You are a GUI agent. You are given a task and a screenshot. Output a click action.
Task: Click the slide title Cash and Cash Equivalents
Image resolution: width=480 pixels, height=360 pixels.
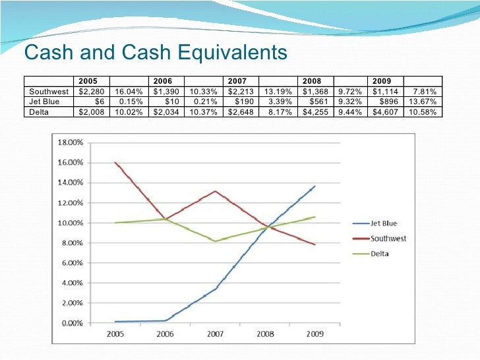click(x=156, y=53)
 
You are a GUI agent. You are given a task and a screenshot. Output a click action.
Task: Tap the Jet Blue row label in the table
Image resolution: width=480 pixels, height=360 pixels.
click(x=44, y=101)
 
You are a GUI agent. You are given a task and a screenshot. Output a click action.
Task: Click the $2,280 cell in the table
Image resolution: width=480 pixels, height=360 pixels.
click(x=89, y=91)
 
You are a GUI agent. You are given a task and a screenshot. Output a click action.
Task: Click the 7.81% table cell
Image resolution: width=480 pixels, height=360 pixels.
click(x=426, y=91)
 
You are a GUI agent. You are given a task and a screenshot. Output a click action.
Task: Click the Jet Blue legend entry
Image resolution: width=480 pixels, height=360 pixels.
click(x=382, y=224)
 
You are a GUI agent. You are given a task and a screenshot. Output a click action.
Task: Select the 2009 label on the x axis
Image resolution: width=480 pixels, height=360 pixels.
click(x=315, y=334)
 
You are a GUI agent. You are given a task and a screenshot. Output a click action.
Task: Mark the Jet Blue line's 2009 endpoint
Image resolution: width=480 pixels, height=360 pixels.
click(x=315, y=186)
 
